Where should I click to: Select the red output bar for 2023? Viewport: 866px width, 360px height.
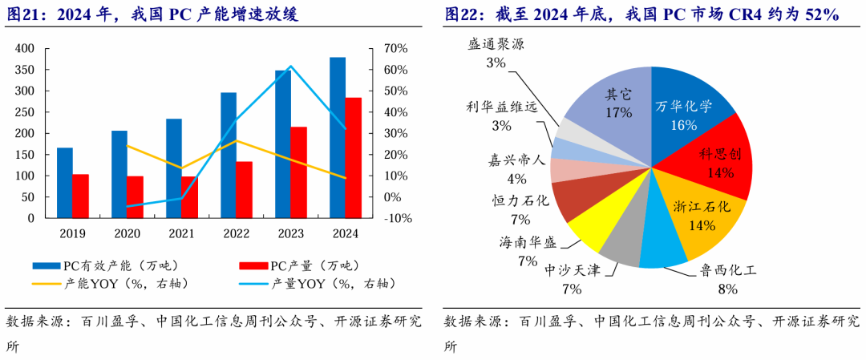click(x=297, y=172)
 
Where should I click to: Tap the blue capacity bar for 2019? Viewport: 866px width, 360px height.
click(x=64, y=182)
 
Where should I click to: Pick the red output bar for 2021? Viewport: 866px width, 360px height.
click(x=188, y=196)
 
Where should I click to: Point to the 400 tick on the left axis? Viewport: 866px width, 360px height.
click(x=25, y=49)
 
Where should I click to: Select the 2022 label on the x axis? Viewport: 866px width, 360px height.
click(x=236, y=233)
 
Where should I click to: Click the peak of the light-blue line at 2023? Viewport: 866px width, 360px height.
click(x=290, y=67)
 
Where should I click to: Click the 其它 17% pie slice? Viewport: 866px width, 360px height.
click(x=614, y=104)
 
